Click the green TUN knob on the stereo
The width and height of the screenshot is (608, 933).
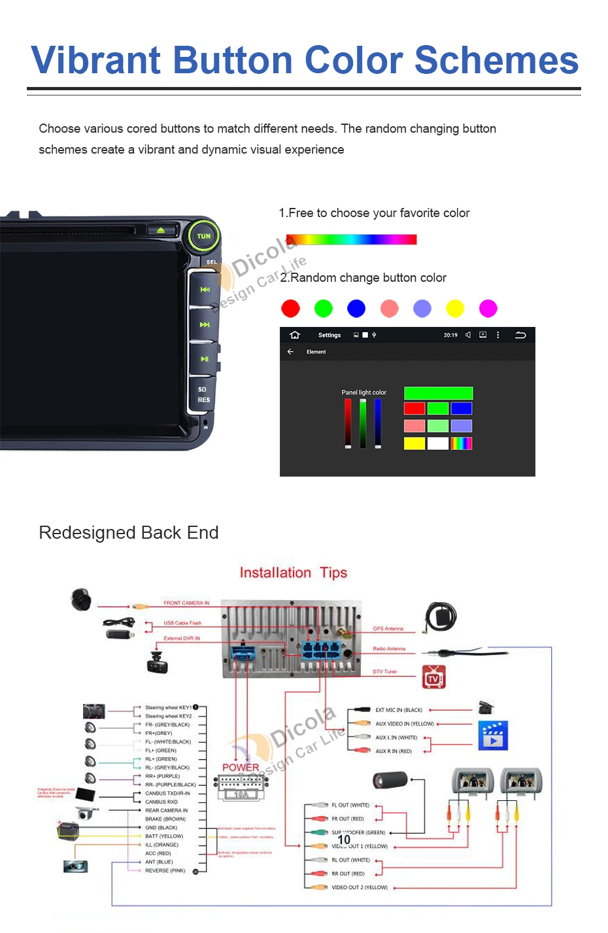click(204, 236)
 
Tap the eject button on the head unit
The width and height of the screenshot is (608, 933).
click(161, 230)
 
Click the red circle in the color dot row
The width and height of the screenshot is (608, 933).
click(290, 309)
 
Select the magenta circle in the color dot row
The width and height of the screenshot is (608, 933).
click(488, 309)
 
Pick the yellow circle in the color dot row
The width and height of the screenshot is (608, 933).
click(455, 309)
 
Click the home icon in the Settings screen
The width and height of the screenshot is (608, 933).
click(295, 335)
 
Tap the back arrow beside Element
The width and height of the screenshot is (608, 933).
click(291, 352)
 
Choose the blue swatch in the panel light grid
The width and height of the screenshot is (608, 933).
click(462, 409)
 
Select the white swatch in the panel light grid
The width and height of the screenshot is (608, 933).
click(438, 443)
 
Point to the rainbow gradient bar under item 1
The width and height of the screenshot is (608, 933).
click(351, 240)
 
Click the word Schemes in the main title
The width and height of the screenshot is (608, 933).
click(496, 60)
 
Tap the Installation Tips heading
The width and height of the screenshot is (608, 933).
click(293, 573)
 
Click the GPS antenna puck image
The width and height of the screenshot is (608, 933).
click(441, 617)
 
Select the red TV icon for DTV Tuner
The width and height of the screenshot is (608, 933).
click(433, 678)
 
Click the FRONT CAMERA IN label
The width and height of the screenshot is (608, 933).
click(186, 603)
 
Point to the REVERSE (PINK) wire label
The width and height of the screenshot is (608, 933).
click(165, 870)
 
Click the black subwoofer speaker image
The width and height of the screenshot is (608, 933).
click(390, 780)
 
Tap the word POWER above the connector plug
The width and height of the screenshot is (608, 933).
click(241, 767)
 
